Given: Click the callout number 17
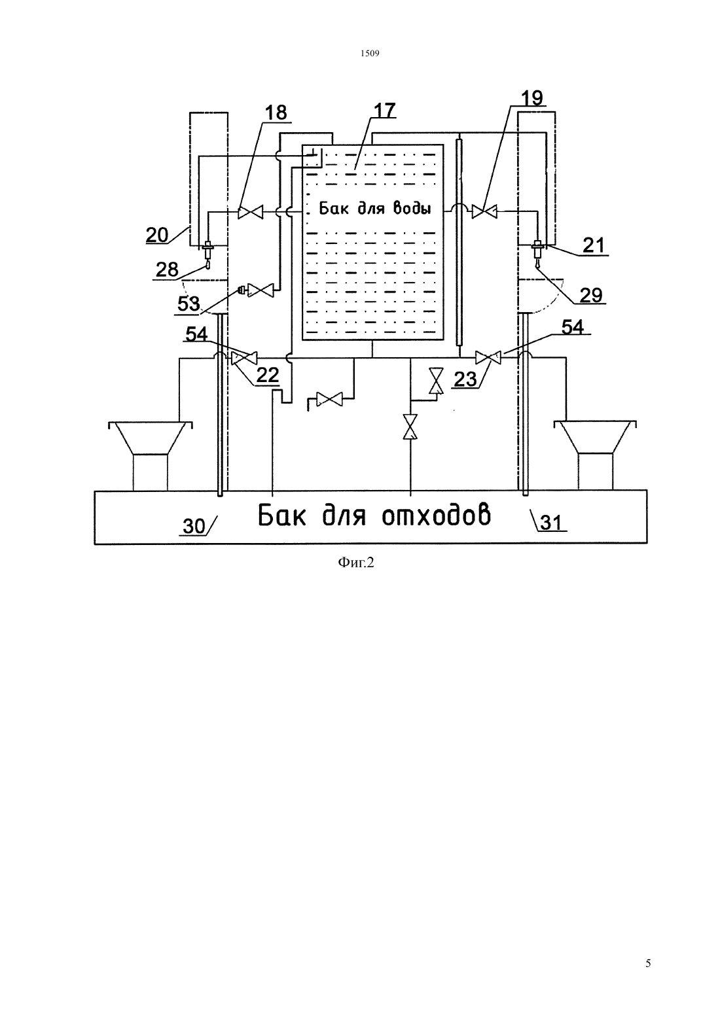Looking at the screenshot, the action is [385, 110].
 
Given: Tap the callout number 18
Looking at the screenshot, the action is [276, 113].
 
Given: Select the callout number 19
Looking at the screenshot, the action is [531, 97].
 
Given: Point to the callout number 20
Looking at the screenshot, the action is [157, 235].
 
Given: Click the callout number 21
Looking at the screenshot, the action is [594, 245].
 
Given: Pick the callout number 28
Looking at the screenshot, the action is [167, 270].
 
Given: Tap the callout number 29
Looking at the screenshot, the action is [591, 296].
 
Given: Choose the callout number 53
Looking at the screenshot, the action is [189, 304].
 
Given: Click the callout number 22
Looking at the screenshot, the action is [268, 376].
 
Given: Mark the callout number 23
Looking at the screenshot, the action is [465, 379].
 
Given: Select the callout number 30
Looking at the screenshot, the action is [194, 526].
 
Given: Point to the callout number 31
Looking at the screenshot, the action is [551, 523].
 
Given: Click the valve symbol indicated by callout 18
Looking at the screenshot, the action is [251, 212].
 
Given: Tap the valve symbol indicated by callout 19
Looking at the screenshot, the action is [484, 212].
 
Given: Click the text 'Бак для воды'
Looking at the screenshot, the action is [375, 208].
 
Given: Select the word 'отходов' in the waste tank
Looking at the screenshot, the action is [436, 516].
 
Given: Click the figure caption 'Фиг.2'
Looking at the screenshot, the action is [355, 563].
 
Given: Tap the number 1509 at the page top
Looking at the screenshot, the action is [370, 54].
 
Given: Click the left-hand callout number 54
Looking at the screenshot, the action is [196, 334].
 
